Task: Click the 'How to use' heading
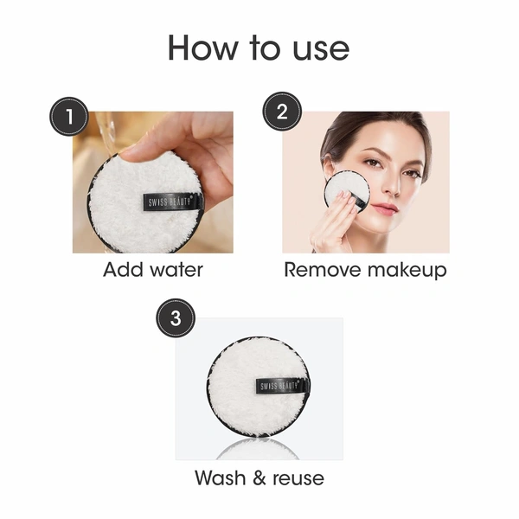pyautogui.click(x=259, y=47)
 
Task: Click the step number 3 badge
pyautogui.click(x=176, y=318)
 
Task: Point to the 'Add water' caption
pyautogui.click(x=153, y=269)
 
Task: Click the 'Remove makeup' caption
pyautogui.click(x=365, y=269)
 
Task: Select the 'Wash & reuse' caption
pyautogui.click(x=259, y=477)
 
